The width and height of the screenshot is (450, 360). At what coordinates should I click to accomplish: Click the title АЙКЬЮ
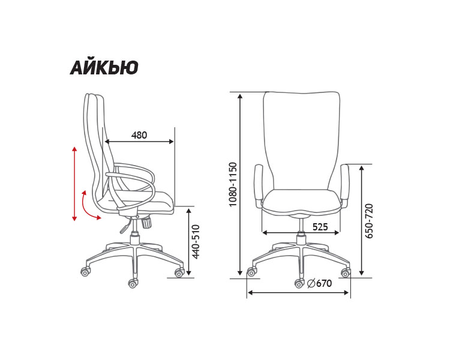tap(104, 67)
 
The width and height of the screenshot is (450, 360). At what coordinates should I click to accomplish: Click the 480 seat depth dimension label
tap(139, 135)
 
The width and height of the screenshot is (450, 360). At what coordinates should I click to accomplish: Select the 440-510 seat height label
tap(196, 242)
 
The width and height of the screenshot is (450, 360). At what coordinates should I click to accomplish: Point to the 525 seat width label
tap(320, 227)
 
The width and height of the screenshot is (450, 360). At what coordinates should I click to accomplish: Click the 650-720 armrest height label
tap(369, 221)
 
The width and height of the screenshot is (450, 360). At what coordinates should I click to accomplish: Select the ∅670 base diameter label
tap(319, 283)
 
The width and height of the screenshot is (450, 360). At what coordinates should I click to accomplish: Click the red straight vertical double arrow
tap(74, 184)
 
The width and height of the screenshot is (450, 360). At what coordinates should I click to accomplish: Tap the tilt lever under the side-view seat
tap(126, 226)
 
